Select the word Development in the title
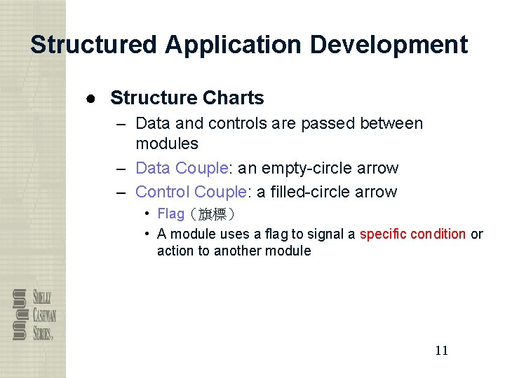pos(389,45)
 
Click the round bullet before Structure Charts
pos(91,99)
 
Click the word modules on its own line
pos(166,143)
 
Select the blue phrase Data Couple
pos(182,168)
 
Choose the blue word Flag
pos(170,213)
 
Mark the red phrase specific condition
pos(412,234)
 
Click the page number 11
pos(441,351)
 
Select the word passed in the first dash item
pos(329,124)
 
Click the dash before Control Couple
pos(121,192)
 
